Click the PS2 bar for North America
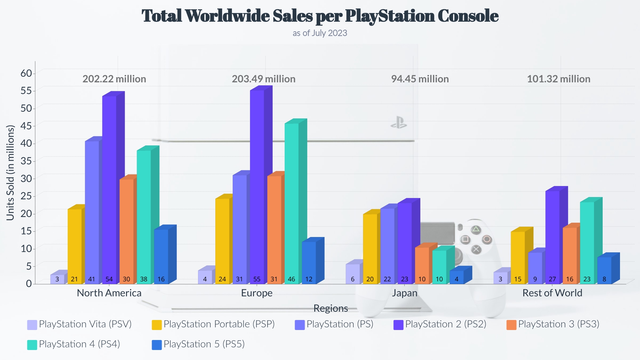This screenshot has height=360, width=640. click(x=109, y=190)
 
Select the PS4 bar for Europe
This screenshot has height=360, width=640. click(x=292, y=203)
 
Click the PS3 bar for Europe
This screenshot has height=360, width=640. click(x=274, y=230)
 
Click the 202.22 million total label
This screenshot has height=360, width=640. click(x=114, y=79)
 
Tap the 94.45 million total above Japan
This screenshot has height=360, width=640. click(x=420, y=79)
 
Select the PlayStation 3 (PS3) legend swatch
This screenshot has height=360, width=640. click(x=511, y=325)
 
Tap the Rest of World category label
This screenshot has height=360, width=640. click(x=552, y=293)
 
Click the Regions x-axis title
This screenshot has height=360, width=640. click(x=330, y=308)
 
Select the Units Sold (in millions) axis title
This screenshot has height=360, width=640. click(x=11, y=173)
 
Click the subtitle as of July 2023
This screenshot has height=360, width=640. click(x=320, y=33)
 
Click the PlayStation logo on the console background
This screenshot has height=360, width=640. click(x=399, y=123)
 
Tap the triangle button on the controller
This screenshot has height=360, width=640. click(x=476, y=229)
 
